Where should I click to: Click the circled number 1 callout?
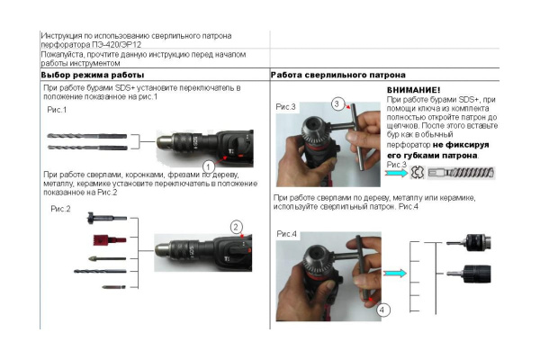(208, 166)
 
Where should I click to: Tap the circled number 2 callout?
(236, 226)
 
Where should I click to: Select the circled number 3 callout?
(337, 104)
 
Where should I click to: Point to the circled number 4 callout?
(383, 309)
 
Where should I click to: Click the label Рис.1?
(58, 109)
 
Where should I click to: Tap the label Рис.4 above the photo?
(288, 235)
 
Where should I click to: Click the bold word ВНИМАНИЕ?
(413, 91)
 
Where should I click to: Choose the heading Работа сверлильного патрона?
(338, 75)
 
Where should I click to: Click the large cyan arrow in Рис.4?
(393, 273)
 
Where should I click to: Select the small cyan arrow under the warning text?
(397, 174)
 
